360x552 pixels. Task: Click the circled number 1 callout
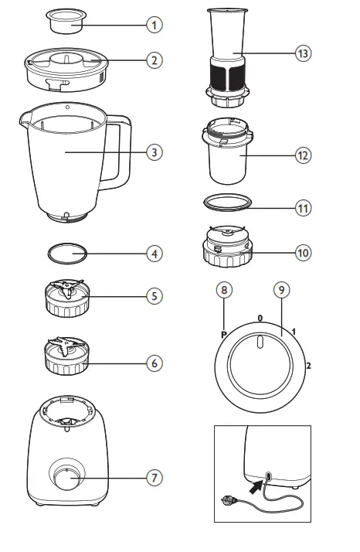click(x=156, y=25)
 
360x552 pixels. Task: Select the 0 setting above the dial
click(x=260, y=318)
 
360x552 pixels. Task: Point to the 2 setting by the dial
click(x=310, y=364)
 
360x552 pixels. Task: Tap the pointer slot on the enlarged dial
click(x=260, y=342)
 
